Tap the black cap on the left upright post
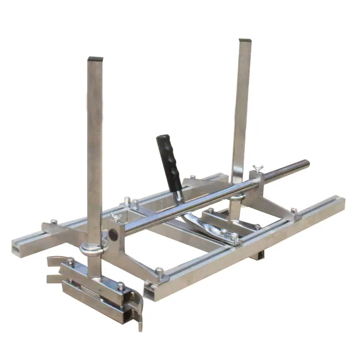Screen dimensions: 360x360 click(95, 58)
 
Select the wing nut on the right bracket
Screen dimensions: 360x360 click(257, 170)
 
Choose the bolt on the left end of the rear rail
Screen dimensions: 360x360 click(54, 221)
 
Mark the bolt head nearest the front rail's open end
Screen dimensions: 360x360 click(159, 271)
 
